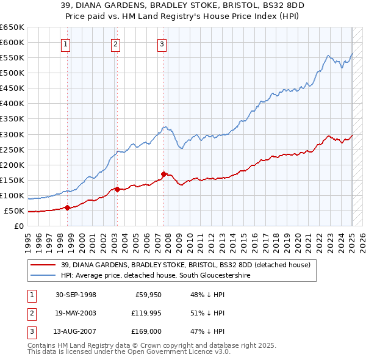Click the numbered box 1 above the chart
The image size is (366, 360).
click(65, 43)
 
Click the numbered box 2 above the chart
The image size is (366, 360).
click(115, 43)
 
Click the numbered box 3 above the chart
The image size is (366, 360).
click(162, 43)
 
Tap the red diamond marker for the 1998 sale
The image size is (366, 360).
click(68, 207)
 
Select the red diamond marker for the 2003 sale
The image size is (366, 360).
click(117, 189)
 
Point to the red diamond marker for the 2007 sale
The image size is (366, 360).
click(163, 174)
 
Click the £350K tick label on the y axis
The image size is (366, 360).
click(12, 118)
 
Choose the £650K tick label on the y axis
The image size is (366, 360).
click(12, 27)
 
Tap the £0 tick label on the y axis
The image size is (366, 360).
click(18, 226)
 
